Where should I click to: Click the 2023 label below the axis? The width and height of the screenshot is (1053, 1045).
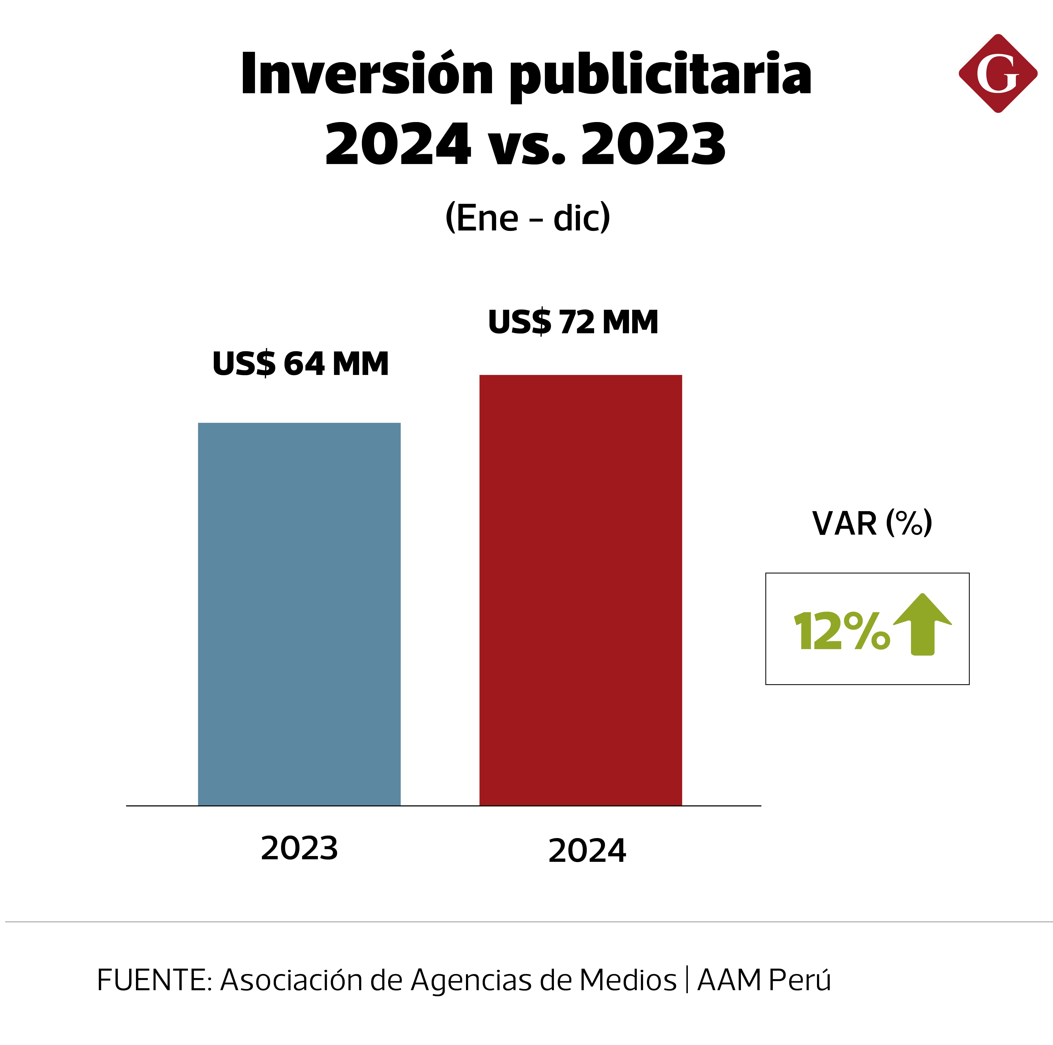tap(299, 848)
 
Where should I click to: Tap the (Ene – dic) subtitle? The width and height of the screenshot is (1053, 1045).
tap(528, 218)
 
